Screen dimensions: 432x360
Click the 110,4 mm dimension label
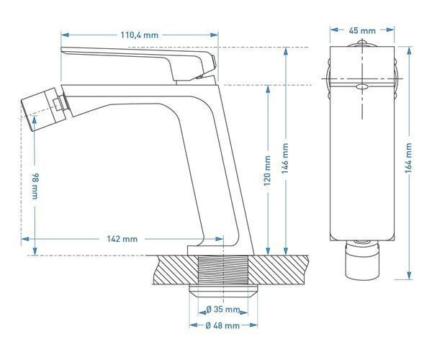pyautogui.click(x=140, y=35)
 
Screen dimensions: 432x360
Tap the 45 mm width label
pyautogui.click(x=362, y=30)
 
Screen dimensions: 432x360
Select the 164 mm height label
pyautogui.click(x=408, y=158)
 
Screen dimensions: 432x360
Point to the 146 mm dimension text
pyautogui.click(x=285, y=158)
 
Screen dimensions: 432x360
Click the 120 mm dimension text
pyautogui.click(x=267, y=171)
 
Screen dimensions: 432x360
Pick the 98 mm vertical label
pyautogui.click(x=35, y=186)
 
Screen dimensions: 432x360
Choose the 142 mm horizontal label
pyautogui.click(x=122, y=239)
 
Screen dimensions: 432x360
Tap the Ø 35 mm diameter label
pyautogui.click(x=223, y=310)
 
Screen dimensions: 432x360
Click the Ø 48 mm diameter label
pyautogui.click(x=222, y=325)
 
